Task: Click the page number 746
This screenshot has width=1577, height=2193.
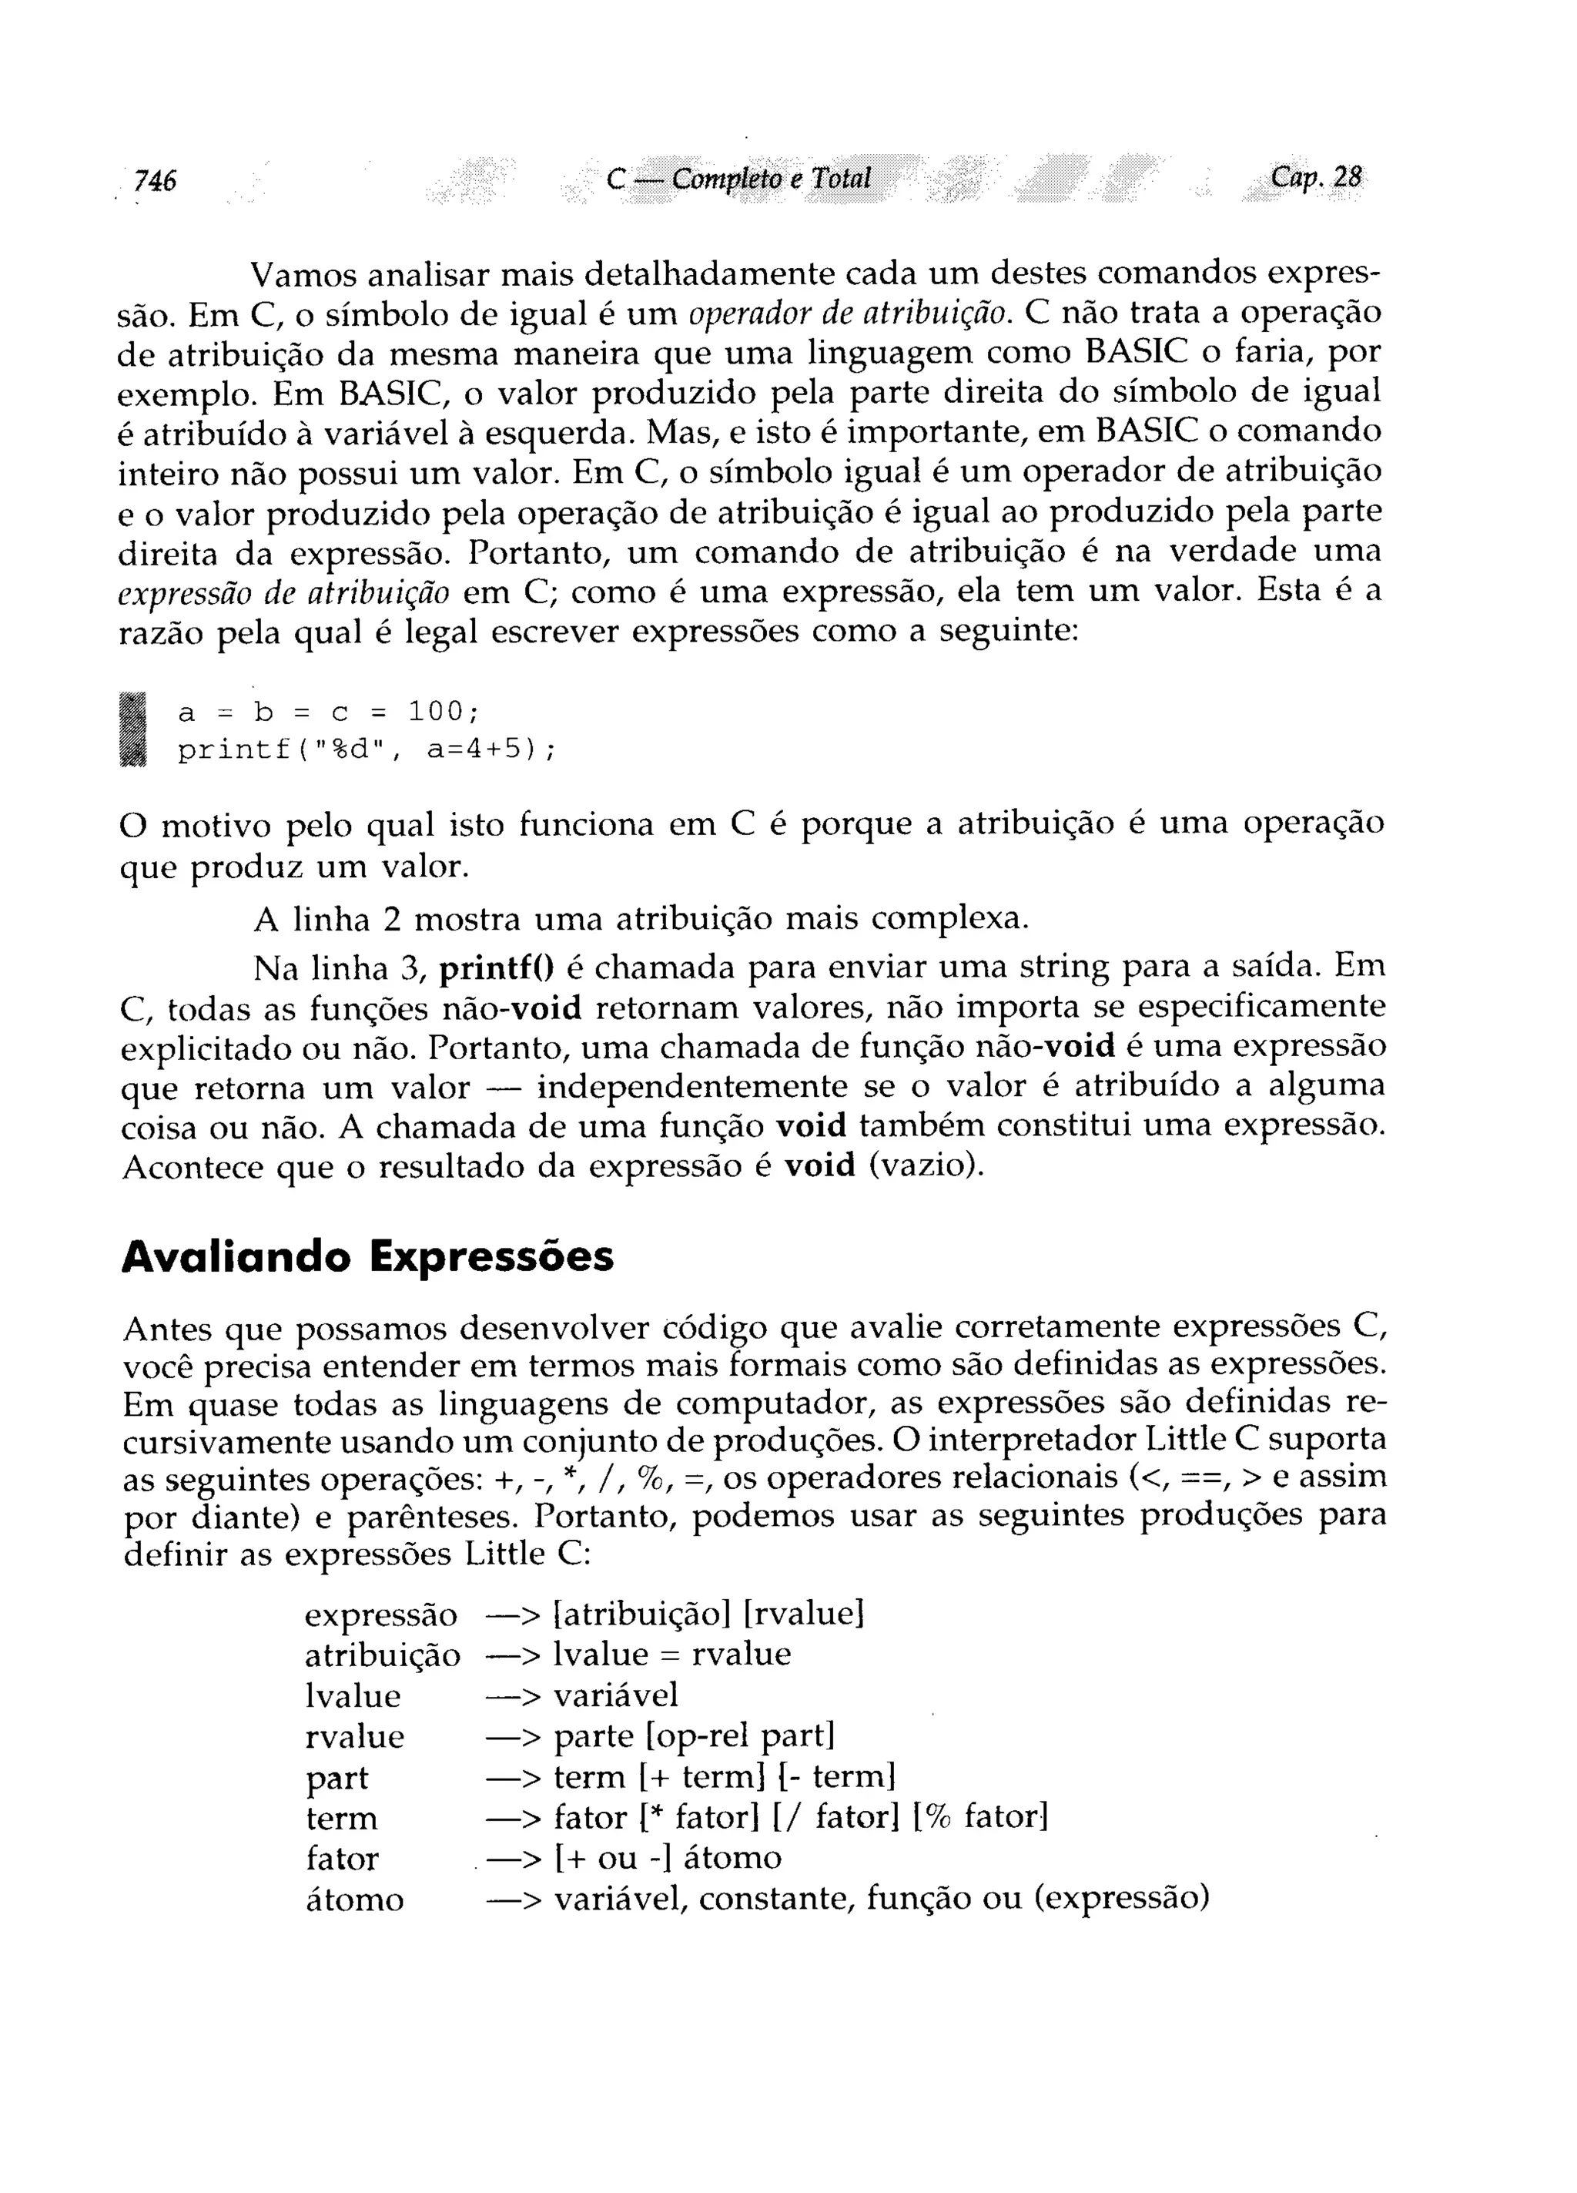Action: (x=155, y=179)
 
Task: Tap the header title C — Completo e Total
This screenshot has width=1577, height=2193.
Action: (x=738, y=179)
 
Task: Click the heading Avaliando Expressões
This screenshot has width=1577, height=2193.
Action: (x=367, y=1257)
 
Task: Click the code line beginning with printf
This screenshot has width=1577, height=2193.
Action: (x=367, y=750)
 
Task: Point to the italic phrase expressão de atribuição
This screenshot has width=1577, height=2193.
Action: (x=283, y=592)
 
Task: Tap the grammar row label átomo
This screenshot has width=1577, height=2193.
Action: (x=354, y=1900)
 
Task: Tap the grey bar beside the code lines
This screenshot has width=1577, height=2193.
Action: (x=135, y=731)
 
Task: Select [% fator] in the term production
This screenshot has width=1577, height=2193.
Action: (x=979, y=1817)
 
